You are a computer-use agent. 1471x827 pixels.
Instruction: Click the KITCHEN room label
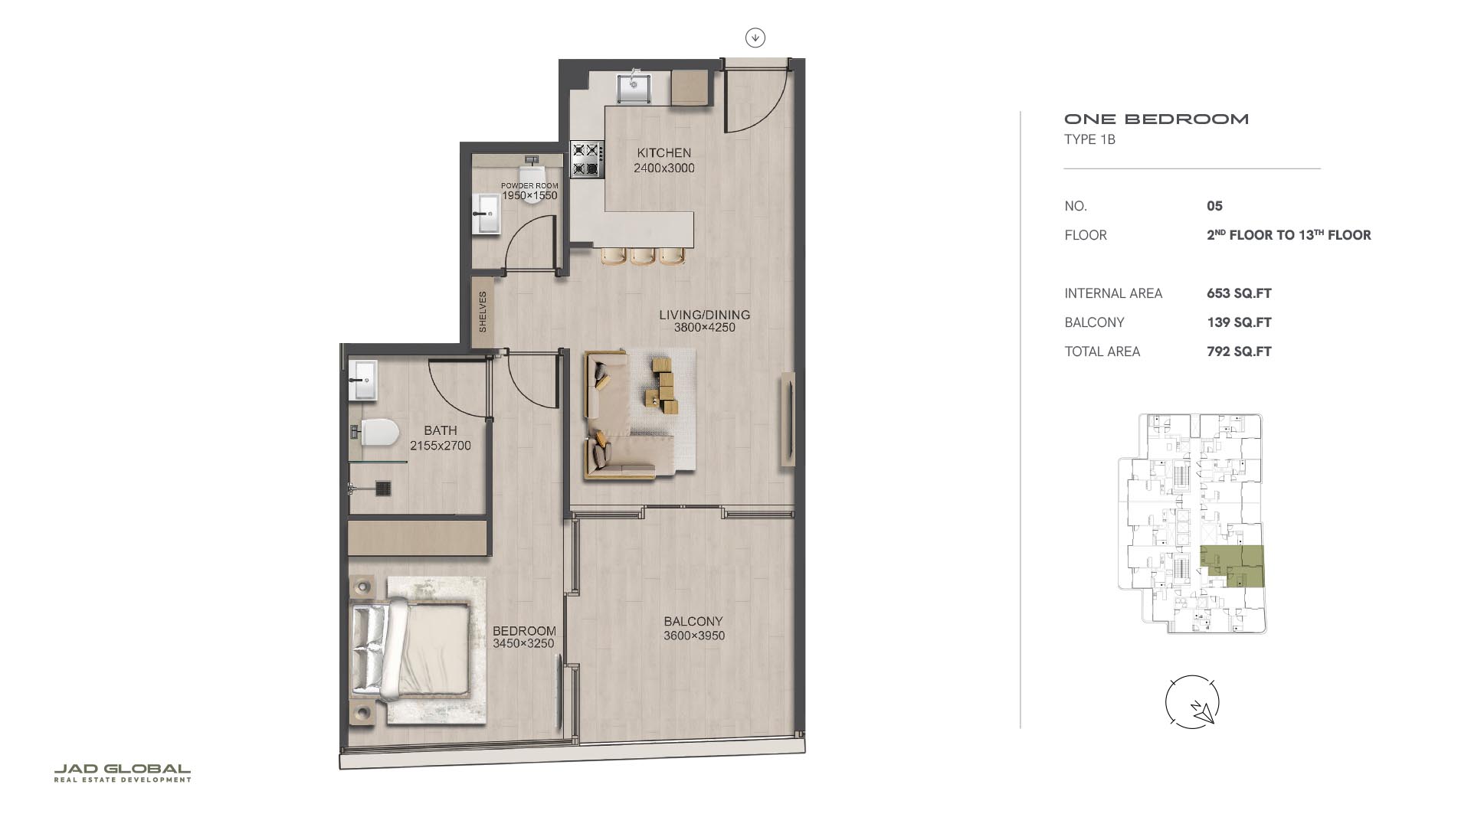[663, 153]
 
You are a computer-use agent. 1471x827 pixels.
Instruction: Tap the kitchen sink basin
[634, 87]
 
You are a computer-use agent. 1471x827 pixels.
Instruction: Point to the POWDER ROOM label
[529, 186]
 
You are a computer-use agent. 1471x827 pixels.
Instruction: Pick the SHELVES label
[483, 312]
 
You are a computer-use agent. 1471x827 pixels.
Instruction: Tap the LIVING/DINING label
[704, 315]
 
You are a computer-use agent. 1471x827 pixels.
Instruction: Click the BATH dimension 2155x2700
[441, 446]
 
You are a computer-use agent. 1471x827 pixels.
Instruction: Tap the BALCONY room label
[693, 622]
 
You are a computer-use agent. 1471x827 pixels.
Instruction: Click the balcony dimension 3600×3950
[694, 636]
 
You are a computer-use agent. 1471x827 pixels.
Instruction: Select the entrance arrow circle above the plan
[755, 38]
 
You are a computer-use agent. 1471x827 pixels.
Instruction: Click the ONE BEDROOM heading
[1157, 119]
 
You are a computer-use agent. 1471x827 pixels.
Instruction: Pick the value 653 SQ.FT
[1239, 293]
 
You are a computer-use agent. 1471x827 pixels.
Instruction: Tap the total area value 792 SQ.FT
[1239, 351]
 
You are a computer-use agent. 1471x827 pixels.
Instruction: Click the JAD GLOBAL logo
[123, 773]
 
